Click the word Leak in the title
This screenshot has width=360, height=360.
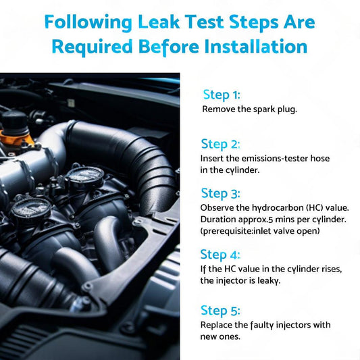(159, 22)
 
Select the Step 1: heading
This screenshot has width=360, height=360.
(222, 95)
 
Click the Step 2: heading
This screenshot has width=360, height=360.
(220, 144)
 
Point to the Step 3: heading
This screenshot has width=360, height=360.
(220, 193)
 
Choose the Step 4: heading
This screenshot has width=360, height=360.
(220, 255)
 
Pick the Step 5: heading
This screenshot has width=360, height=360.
(220, 311)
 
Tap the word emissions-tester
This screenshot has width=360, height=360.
(272, 158)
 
